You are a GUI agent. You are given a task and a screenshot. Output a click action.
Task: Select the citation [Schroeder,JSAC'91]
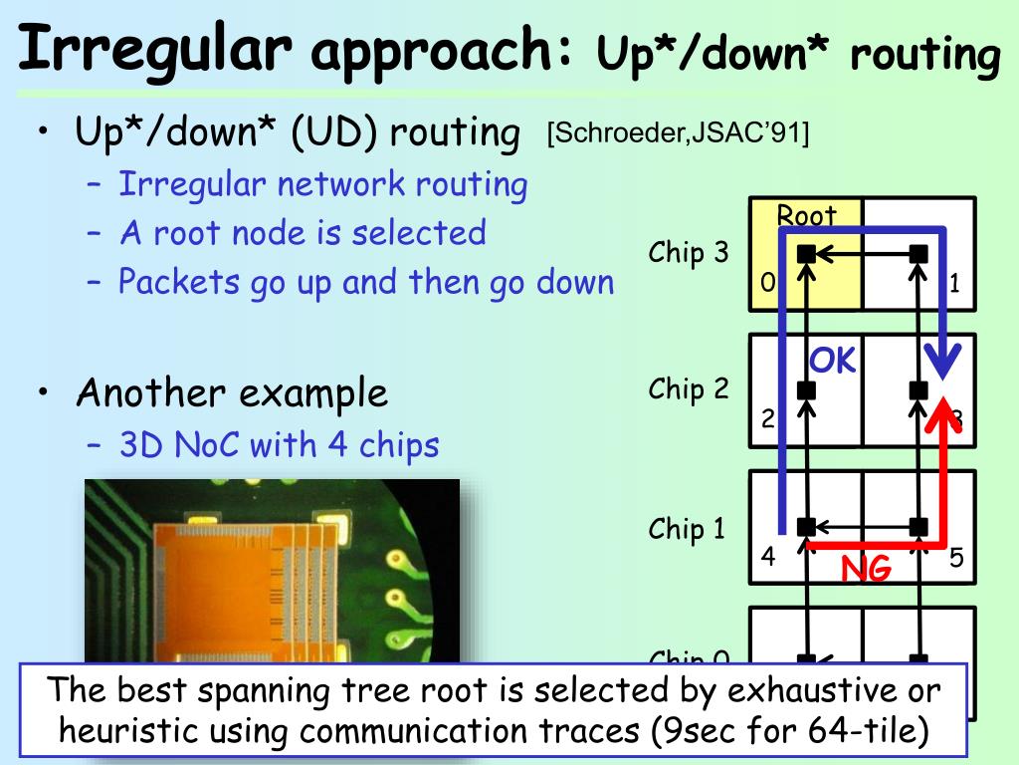pyautogui.click(x=678, y=132)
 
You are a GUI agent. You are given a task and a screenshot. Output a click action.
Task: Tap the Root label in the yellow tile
pyautogui.click(x=806, y=215)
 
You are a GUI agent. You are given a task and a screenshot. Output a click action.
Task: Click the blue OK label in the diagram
pyautogui.click(x=832, y=361)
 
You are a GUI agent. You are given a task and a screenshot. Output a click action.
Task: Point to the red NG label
pyautogui.click(x=866, y=569)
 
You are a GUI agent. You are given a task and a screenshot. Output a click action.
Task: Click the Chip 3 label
pyautogui.click(x=689, y=253)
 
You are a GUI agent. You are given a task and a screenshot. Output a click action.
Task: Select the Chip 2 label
pyautogui.click(x=689, y=389)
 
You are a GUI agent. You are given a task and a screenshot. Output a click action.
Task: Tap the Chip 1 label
pyautogui.click(x=689, y=528)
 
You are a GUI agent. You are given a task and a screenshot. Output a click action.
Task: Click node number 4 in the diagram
pyautogui.click(x=767, y=557)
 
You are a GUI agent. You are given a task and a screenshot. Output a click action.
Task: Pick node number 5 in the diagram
pyautogui.click(x=956, y=558)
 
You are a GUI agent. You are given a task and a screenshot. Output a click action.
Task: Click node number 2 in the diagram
pyautogui.click(x=767, y=419)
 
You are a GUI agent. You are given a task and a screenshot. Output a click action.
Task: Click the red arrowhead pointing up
pyautogui.click(x=940, y=410)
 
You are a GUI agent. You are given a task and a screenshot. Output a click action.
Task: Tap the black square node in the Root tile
pyautogui.click(x=807, y=254)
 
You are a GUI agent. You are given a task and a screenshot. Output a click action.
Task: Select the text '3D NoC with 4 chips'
pyautogui.click(x=279, y=444)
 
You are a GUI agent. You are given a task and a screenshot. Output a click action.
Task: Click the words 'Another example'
pyautogui.click(x=232, y=393)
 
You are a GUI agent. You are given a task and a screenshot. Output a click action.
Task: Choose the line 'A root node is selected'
pyautogui.click(x=303, y=233)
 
